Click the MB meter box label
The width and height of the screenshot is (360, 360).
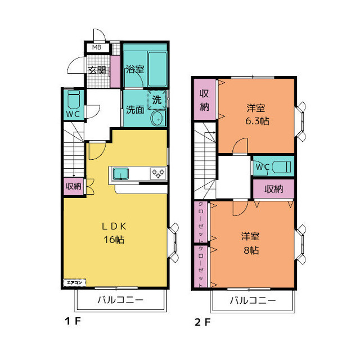pyautogui.click(x=96, y=47)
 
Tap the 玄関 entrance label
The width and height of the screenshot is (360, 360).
pyautogui.click(x=97, y=70)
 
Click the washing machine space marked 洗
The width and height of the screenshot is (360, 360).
pyautogui.click(x=157, y=100)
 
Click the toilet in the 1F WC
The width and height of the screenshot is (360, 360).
pyautogui.click(x=74, y=100)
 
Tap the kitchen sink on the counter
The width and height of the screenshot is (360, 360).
pyautogui.click(x=120, y=174)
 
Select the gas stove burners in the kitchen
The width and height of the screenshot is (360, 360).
pyautogui.click(x=158, y=173)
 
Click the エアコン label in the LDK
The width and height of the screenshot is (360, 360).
pyautogui.click(x=74, y=282)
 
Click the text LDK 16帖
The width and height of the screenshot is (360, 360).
pyautogui.click(x=114, y=233)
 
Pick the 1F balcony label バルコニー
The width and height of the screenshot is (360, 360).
pyautogui.click(x=120, y=300)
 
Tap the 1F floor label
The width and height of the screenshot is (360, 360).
pyautogui.click(x=73, y=321)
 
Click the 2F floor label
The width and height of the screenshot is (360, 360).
pyautogui.click(x=202, y=322)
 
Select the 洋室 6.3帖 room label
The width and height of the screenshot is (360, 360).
pyautogui.click(x=257, y=114)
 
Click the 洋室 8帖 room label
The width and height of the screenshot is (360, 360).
pyautogui.click(x=251, y=244)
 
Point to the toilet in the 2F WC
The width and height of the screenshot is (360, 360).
pyautogui.click(x=281, y=166)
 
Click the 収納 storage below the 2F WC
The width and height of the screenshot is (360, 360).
pyautogui.click(x=273, y=189)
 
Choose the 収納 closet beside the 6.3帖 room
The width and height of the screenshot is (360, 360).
pyautogui.click(x=205, y=100)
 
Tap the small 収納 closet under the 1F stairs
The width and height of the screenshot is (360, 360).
pyautogui.click(x=74, y=186)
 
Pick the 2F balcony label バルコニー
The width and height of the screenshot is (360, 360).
pyautogui.click(x=253, y=300)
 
